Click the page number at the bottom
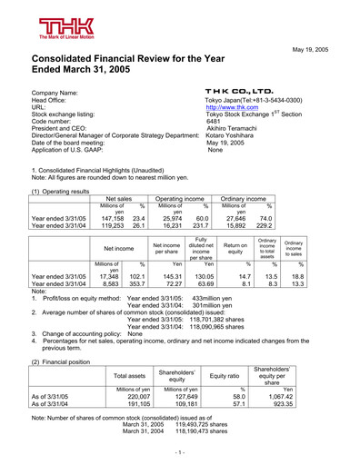pyautogui.click(x=180, y=450)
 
